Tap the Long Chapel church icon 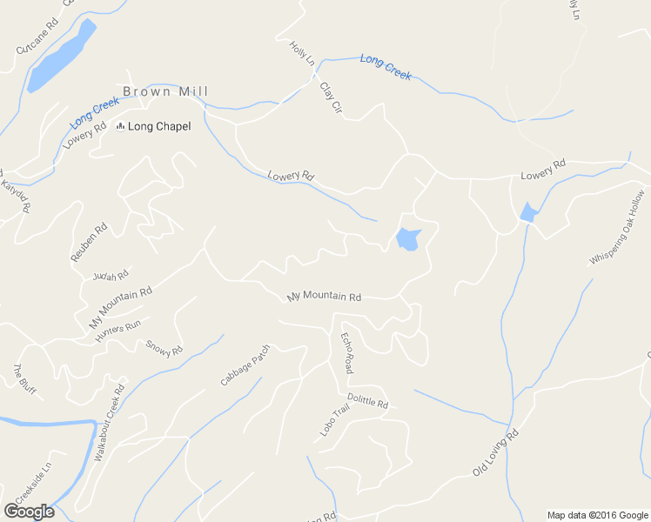pos(120,127)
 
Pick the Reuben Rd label pos(88,242)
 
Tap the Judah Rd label pos(110,275)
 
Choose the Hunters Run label pos(118,331)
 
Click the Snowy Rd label pos(164,348)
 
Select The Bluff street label pos(22,378)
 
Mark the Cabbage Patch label pos(245,366)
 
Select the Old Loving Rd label pos(495,452)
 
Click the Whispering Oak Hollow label pos(617,227)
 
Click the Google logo pos(30,511)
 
